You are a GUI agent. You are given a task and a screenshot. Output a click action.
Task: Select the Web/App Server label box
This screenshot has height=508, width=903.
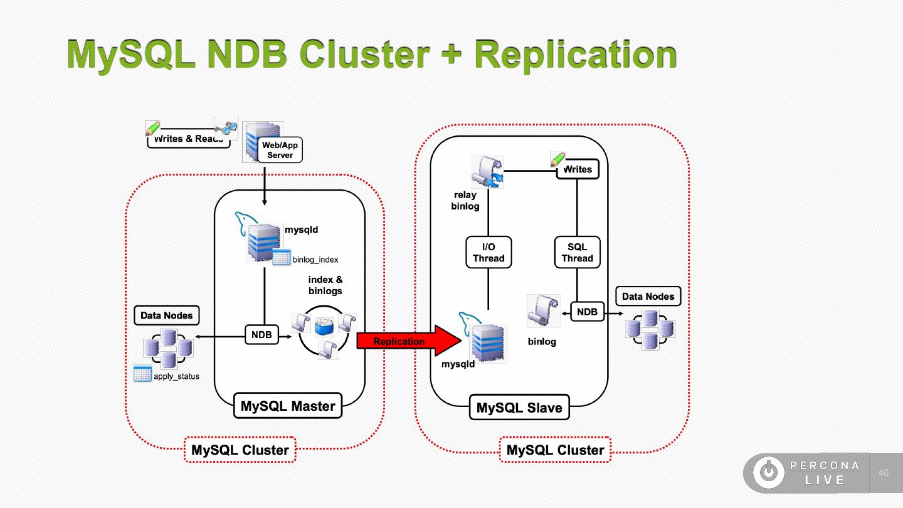280,151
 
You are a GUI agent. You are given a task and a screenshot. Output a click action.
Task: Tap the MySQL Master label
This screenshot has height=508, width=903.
288,406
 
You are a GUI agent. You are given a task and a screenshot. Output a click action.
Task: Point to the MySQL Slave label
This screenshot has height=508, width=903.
519,408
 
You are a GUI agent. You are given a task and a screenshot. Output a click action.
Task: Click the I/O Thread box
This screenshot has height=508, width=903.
488,253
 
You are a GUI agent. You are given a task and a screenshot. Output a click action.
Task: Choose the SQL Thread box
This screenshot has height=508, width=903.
577,253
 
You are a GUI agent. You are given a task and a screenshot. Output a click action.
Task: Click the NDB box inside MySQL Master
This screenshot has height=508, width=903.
261,336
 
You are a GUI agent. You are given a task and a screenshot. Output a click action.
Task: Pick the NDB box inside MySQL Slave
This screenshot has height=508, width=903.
587,312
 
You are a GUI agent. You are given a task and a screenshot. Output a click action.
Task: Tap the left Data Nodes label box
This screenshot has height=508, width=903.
166,315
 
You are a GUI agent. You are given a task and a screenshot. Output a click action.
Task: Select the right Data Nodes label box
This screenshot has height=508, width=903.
648,297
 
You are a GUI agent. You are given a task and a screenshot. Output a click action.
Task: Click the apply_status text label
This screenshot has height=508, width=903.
176,376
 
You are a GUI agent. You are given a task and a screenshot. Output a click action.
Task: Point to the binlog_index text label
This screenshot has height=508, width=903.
315,260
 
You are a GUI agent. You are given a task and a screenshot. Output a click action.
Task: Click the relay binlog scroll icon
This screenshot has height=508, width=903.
487,172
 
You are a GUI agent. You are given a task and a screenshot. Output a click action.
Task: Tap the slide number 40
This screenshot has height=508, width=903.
884,473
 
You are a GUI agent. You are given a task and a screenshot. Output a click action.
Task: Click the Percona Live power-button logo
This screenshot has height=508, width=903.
768,473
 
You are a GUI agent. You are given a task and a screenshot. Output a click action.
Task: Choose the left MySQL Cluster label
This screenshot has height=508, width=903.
240,450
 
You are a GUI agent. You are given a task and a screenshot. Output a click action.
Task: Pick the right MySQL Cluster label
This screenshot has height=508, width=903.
555,450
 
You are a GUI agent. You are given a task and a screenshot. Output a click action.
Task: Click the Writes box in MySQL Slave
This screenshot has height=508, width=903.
578,169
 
